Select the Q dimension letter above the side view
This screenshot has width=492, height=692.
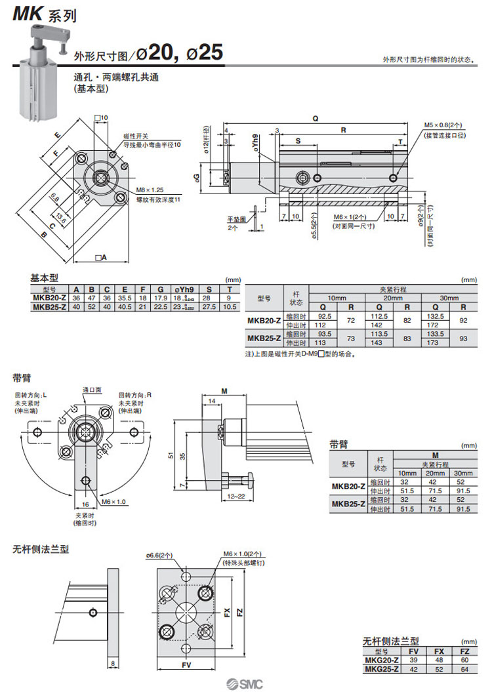tap(316, 119)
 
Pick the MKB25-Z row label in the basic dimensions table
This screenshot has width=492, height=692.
tap(49, 307)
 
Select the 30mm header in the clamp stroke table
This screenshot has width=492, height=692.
tap(449, 298)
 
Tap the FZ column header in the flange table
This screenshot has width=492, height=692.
tap(463, 651)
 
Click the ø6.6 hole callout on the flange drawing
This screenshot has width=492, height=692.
tap(159, 556)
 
